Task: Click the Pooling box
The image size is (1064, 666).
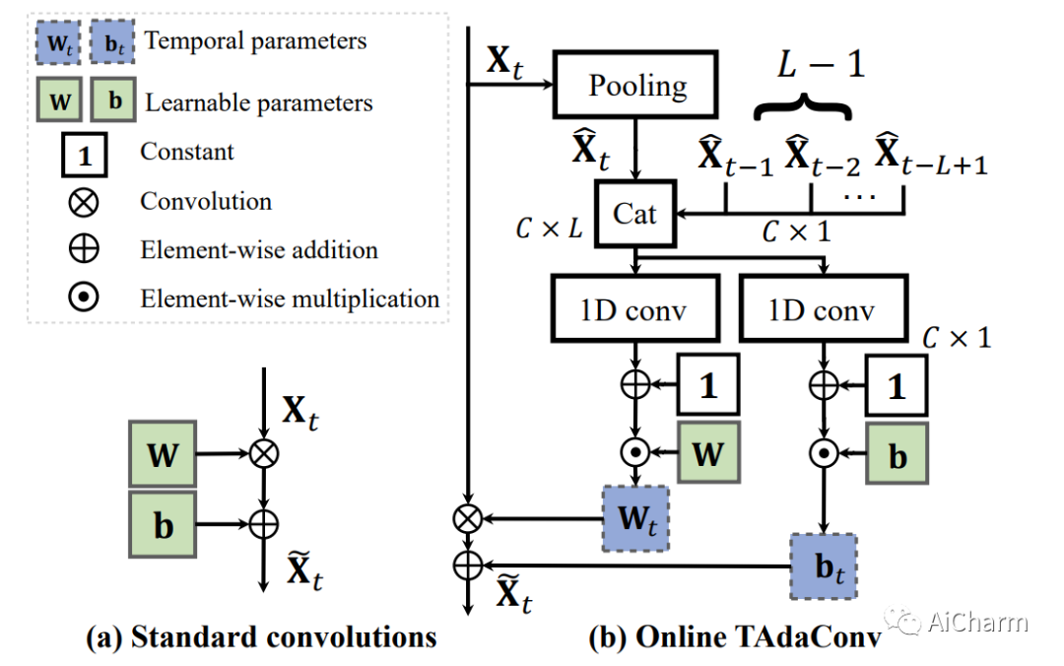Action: [638, 87]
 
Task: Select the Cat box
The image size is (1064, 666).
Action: [635, 214]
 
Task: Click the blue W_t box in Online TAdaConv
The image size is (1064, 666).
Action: [635, 518]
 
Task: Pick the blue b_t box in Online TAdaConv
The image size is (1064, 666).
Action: [823, 566]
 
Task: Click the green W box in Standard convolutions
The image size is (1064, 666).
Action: [164, 454]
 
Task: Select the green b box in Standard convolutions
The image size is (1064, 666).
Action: [164, 525]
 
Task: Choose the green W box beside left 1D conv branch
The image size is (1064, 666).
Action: [707, 453]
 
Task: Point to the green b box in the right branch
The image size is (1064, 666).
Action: [897, 453]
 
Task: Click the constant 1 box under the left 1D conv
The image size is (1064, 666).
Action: [707, 385]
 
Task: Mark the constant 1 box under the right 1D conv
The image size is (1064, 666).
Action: [897, 385]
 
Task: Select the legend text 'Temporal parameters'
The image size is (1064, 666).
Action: [255, 41]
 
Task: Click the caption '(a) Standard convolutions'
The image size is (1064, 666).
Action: [261, 637]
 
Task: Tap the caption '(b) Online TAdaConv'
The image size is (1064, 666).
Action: [733, 637]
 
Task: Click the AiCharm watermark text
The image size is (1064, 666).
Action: [976, 623]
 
